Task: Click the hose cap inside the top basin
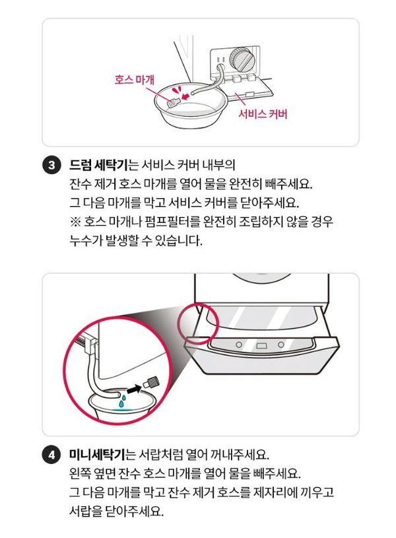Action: (x=173, y=102)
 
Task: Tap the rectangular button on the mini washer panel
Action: (x=261, y=346)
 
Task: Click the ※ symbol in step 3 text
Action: (x=75, y=221)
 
